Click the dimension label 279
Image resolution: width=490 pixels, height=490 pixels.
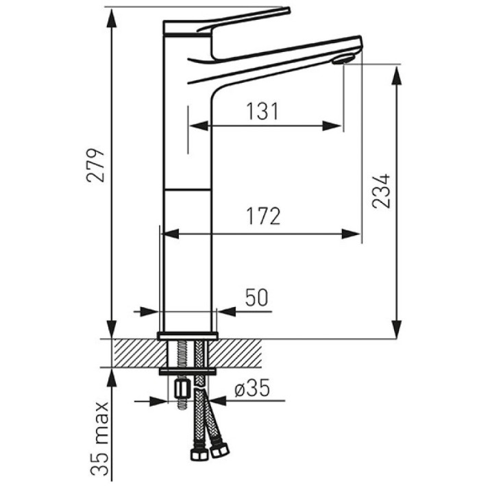(x=96, y=165)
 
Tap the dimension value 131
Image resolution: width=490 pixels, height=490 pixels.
(x=262, y=112)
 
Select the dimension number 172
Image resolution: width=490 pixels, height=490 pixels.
(x=263, y=217)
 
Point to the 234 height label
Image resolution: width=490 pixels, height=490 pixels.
(x=381, y=191)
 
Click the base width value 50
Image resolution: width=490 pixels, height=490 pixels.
(x=256, y=297)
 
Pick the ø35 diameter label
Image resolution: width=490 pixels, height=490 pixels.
(x=252, y=388)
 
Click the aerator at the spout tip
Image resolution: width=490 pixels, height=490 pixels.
(x=343, y=59)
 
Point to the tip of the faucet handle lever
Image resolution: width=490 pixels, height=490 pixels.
(x=288, y=10)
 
